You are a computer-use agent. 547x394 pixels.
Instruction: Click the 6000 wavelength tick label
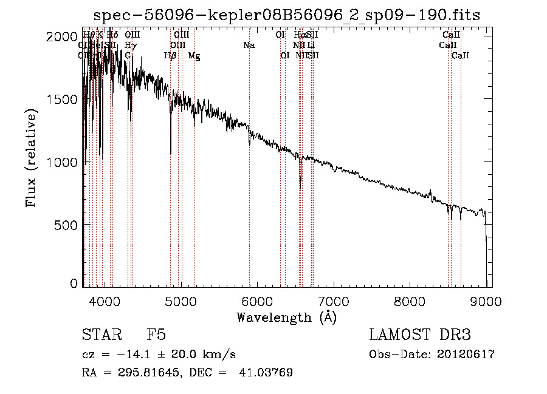tap(257, 301)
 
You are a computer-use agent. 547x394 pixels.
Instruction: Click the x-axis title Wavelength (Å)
tap(286, 317)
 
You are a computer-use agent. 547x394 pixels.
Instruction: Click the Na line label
tap(249, 45)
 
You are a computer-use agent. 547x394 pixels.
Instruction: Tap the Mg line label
tap(194, 56)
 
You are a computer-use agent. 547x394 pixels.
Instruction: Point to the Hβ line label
tap(170, 56)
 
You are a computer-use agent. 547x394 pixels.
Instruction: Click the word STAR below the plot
tap(100, 335)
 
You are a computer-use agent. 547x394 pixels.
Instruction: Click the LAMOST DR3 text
tap(419, 335)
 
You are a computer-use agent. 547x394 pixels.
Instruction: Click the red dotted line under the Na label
tap(249, 182)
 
